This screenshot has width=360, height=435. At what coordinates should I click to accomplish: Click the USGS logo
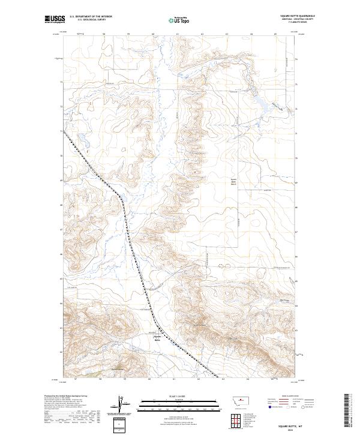55,19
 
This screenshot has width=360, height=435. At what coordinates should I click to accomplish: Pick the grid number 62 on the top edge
202,34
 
